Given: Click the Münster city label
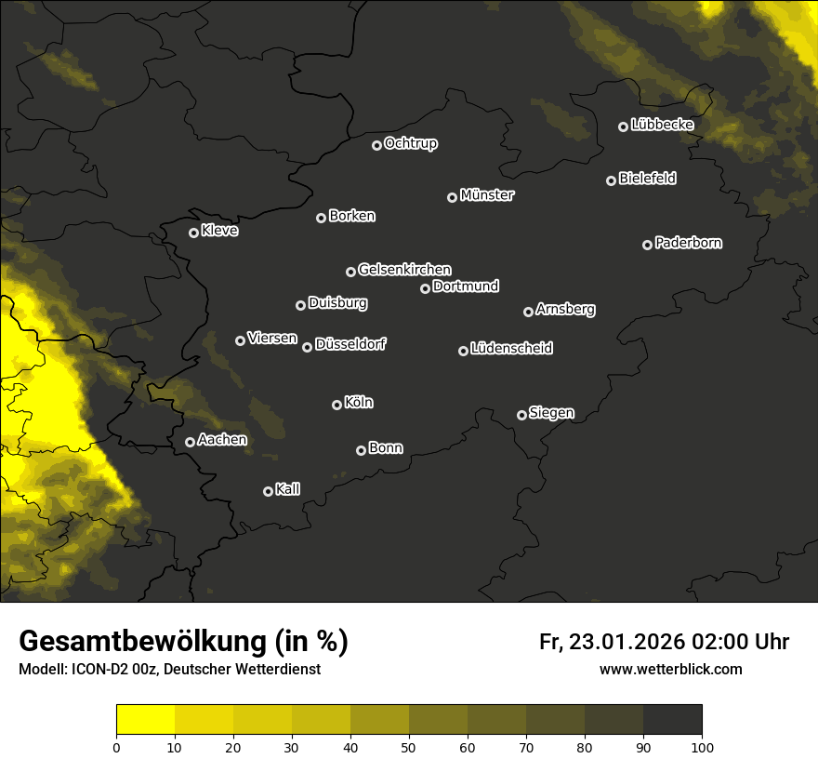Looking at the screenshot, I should coord(487,195).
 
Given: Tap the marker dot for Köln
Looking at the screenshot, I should coord(336,405).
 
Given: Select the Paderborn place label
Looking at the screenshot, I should coord(689,243).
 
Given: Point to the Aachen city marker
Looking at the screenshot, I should coord(190,442).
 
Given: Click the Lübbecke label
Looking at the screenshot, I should coord(662,125).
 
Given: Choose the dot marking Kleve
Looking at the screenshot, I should coord(193,233).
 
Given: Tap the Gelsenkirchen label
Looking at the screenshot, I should coord(404,270).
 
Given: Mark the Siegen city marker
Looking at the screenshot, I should coord(521,415).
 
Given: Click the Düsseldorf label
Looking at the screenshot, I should coord(350,344).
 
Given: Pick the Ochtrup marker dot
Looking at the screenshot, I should coord(376,145).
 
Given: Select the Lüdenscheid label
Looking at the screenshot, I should coord(511,349).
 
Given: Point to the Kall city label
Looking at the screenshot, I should coord(288,489).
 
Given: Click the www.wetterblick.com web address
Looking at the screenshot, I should coord(670,669).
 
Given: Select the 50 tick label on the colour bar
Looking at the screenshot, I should coord(409,747).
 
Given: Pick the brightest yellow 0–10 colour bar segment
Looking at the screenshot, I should coord(145,720).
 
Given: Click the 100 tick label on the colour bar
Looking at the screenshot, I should coord(702,747).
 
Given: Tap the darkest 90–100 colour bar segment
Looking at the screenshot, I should coord(672,720).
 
